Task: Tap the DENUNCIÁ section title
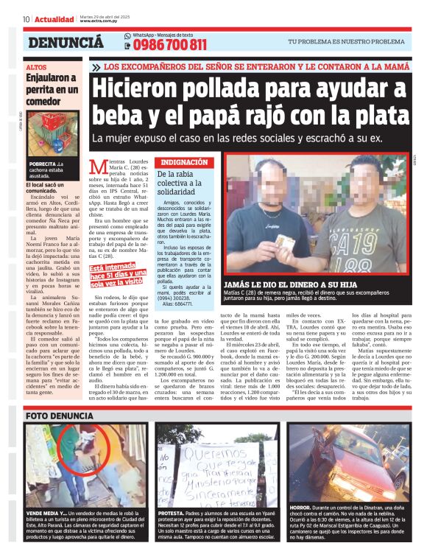point(66,43)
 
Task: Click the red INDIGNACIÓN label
point(185,161)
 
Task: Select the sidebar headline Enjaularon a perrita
point(51,88)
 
